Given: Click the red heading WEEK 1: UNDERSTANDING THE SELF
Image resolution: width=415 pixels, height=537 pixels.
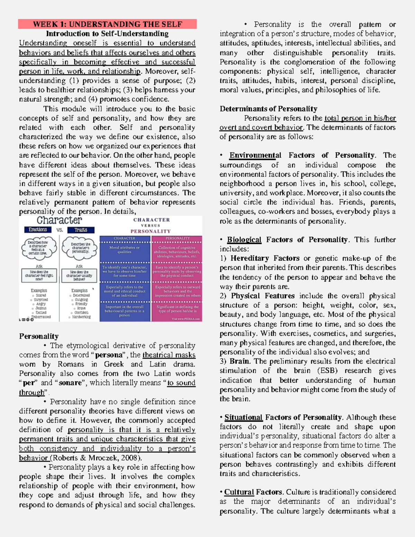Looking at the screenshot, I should tap(107, 24).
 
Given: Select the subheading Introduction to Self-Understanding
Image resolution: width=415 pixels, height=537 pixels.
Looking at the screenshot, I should tap(107, 34).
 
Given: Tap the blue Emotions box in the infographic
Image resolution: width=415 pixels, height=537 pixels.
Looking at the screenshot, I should tap(38, 230).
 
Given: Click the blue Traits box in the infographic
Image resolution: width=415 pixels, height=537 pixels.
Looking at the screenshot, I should tap(81, 230).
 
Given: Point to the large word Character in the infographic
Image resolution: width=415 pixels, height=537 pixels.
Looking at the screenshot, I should tap(59, 220).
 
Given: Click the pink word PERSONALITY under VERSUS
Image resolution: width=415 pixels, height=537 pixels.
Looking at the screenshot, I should tap(150, 231).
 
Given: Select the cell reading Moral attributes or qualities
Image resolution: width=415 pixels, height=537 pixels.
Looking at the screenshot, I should tap(124, 250).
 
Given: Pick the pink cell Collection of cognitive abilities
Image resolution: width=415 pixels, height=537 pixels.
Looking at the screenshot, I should tap(177, 252).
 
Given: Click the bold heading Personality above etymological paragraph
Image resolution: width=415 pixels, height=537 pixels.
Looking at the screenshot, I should tap(39, 336).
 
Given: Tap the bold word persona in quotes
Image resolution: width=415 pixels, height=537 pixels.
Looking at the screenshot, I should tap(109, 355).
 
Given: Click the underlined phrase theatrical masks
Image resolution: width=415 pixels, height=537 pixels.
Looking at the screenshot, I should tap(169, 355).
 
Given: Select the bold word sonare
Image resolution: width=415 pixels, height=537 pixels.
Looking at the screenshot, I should tap(70, 383).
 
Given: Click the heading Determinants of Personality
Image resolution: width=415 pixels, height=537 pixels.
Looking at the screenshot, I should tap(268, 109).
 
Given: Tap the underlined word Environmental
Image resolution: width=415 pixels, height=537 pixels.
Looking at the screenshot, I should tap(255, 155).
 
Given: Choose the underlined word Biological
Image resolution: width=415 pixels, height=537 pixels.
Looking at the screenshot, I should tap(244, 240).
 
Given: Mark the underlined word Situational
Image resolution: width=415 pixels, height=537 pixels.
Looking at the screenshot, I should tap(243, 417).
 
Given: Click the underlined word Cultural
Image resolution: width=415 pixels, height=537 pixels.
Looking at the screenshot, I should tap(239, 492).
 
